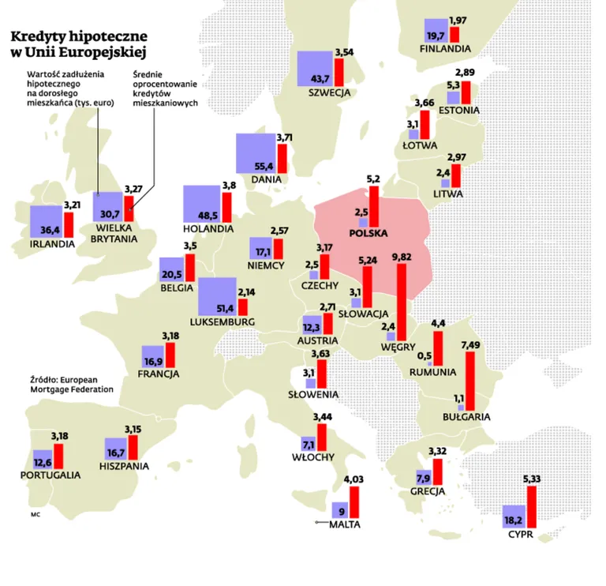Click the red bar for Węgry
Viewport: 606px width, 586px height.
[x=402, y=302]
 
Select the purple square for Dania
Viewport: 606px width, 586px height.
[x=256, y=153]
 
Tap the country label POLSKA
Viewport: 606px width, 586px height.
[x=368, y=233]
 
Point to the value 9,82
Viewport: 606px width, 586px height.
[x=402, y=257]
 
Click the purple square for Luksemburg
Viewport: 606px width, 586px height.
[x=217, y=296]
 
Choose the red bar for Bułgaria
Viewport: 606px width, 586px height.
[x=470, y=381]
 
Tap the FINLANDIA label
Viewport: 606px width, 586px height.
[x=445, y=49]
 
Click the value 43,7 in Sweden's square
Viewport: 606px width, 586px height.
[x=320, y=79]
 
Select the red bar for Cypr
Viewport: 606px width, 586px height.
[x=532, y=507]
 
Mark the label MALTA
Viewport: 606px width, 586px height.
[x=345, y=524]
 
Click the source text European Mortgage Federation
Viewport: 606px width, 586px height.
[x=72, y=385]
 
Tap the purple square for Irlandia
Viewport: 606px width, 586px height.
[x=47, y=221]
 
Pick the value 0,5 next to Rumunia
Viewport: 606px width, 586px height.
[x=425, y=355]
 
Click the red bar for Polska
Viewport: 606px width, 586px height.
[x=374, y=207]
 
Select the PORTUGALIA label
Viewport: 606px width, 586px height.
[x=50, y=475]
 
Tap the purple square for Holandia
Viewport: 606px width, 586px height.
[x=202, y=205]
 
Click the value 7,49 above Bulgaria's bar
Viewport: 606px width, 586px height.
[x=470, y=345]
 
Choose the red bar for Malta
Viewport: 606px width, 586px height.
[x=354, y=502]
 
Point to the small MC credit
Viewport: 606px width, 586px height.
[x=36, y=515]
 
